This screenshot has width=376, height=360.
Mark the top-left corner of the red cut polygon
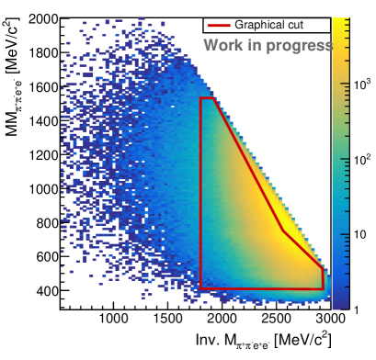tap(200, 98)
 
